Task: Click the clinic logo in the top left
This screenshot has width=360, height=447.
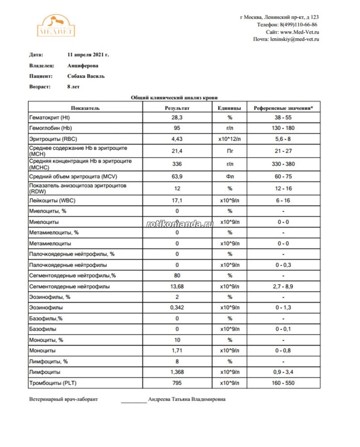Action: pos(55,25)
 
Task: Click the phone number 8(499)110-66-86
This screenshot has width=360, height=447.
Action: pos(299,25)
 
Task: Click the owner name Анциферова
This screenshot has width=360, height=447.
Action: pos(83,65)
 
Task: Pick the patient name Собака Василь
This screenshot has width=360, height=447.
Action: pos(86,76)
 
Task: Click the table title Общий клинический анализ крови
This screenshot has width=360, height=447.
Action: pos(174,97)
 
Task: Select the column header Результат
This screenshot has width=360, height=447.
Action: pos(177,108)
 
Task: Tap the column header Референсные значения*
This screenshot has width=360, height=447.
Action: pos(284,108)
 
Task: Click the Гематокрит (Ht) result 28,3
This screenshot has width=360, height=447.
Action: pos(177,118)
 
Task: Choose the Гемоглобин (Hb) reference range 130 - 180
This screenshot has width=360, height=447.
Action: pos(284,128)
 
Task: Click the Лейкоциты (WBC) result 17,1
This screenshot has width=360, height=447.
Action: pos(177,200)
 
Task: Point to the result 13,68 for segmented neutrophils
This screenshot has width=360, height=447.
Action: pos(177,287)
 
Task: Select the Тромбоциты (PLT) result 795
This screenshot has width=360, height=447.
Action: pos(177,383)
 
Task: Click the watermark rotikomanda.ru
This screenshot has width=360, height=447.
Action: pos(180,223)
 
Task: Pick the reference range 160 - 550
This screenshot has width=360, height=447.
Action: pos(284,383)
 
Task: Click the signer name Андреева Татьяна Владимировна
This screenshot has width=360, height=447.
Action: pos(187,400)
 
